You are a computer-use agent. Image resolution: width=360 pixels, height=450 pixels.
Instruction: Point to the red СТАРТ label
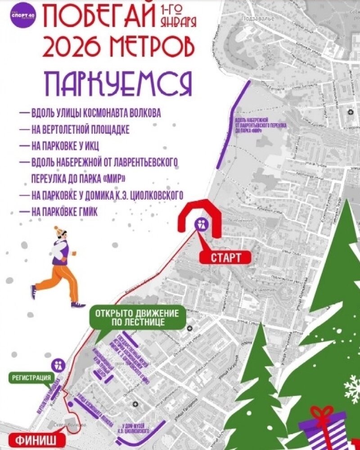coord(225,257)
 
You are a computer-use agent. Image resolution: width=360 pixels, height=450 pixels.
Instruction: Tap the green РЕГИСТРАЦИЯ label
coord(31,378)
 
